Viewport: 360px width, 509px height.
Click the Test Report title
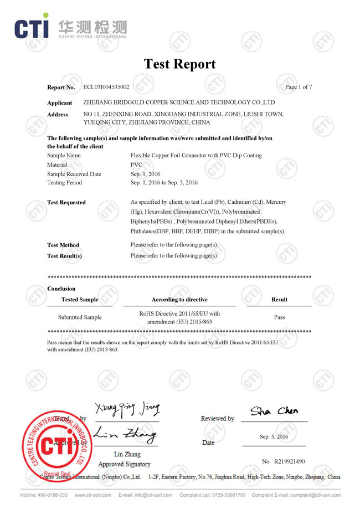[x=179, y=64]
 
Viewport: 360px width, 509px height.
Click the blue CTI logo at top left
[x=31, y=28]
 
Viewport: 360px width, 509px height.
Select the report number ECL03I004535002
[x=106, y=87]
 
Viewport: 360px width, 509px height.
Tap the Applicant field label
[x=60, y=102]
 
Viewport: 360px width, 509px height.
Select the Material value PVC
[x=136, y=164]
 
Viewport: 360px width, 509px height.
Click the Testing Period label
[x=64, y=182]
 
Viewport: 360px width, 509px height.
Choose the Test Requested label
[x=66, y=202]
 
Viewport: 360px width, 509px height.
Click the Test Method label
[x=63, y=245]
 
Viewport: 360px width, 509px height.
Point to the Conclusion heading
[x=61, y=289]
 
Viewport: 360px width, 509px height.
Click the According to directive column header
[x=179, y=300]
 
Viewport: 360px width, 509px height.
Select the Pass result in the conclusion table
[x=279, y=317]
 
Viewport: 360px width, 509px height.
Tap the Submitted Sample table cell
[x=80, y=317]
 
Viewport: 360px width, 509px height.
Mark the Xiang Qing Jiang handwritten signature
[x=127, y=410]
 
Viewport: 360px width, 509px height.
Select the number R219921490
[x=283, y=461]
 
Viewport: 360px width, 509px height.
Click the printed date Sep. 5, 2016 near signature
[x=274, y=436]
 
